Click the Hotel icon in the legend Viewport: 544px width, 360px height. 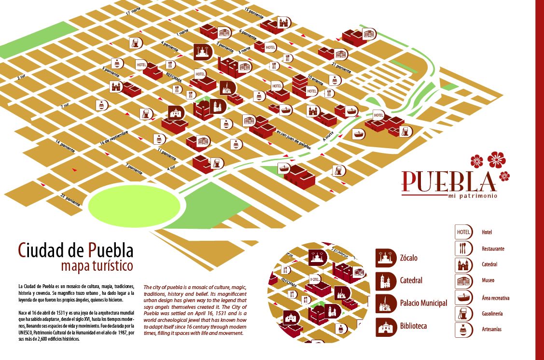463,232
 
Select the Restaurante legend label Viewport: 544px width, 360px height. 493,249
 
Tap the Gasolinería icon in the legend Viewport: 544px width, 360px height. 463,314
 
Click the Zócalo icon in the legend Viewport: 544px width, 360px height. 386,258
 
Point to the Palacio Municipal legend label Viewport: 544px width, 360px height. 423,303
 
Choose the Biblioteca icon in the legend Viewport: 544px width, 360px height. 386,326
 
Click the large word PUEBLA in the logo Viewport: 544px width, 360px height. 449,181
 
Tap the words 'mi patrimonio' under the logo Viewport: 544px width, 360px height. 469,196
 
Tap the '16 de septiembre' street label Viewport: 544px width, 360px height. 114,138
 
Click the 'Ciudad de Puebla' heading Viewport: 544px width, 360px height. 75,250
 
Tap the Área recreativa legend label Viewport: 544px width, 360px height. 495,298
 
